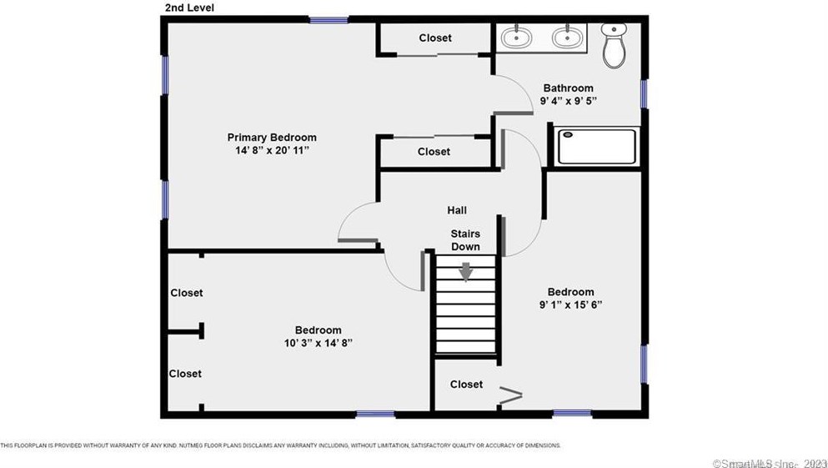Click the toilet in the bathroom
[614, 46]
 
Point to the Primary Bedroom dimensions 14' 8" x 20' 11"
[273, 151]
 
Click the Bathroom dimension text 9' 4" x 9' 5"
[568, 101]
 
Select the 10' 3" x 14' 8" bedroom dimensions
[318, 344]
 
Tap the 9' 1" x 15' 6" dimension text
[570, 305]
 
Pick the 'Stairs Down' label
[465, 240]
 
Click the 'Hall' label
[456, 211]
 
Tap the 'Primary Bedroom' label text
[273, 138]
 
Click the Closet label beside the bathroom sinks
[434, 38]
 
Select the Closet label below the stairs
[466, 385]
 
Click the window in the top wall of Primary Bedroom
[329, 19]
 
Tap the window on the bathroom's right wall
[644, 93]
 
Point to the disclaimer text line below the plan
[280, 445]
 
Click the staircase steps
[465, 317]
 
